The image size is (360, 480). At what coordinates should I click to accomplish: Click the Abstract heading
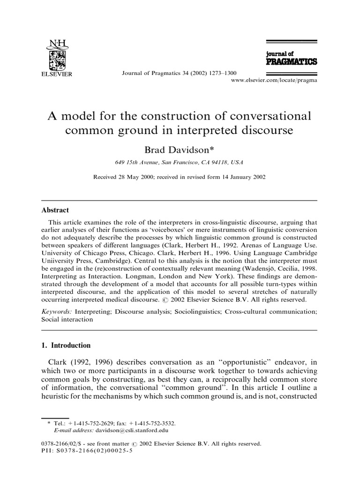55,210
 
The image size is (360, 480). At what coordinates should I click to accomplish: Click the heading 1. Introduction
67,345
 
